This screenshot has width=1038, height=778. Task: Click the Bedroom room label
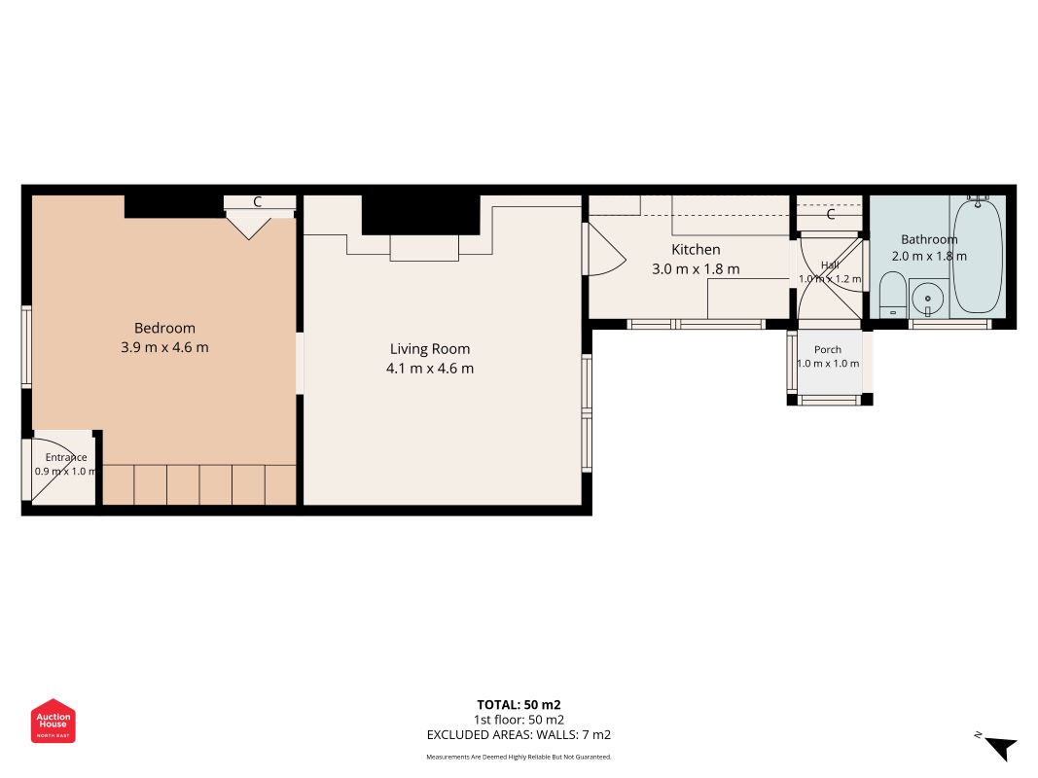(164, 328)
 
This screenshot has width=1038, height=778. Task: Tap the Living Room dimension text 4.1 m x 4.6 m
(430, 369)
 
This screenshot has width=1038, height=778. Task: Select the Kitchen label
(696, 249)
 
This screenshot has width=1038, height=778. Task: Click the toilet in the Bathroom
(892, 295)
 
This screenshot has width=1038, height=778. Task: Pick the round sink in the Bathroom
(927, 299)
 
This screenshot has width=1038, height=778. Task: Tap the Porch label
(828, 349)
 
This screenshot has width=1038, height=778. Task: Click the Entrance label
(66, 457)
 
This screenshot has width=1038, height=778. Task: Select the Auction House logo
(53, 721)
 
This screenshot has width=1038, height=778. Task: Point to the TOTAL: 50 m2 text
(519, 704)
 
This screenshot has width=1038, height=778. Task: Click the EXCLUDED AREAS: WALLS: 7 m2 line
(519, 734)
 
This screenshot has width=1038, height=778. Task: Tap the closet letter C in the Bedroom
(258, 201)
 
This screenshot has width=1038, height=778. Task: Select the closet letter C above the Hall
(830, 214)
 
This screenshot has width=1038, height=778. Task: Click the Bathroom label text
(929, 239)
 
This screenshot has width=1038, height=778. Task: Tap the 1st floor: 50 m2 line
(519, 720)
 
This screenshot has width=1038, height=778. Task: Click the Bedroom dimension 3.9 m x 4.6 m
(164, 347)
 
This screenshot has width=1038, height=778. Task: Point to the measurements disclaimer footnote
(519, 757)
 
